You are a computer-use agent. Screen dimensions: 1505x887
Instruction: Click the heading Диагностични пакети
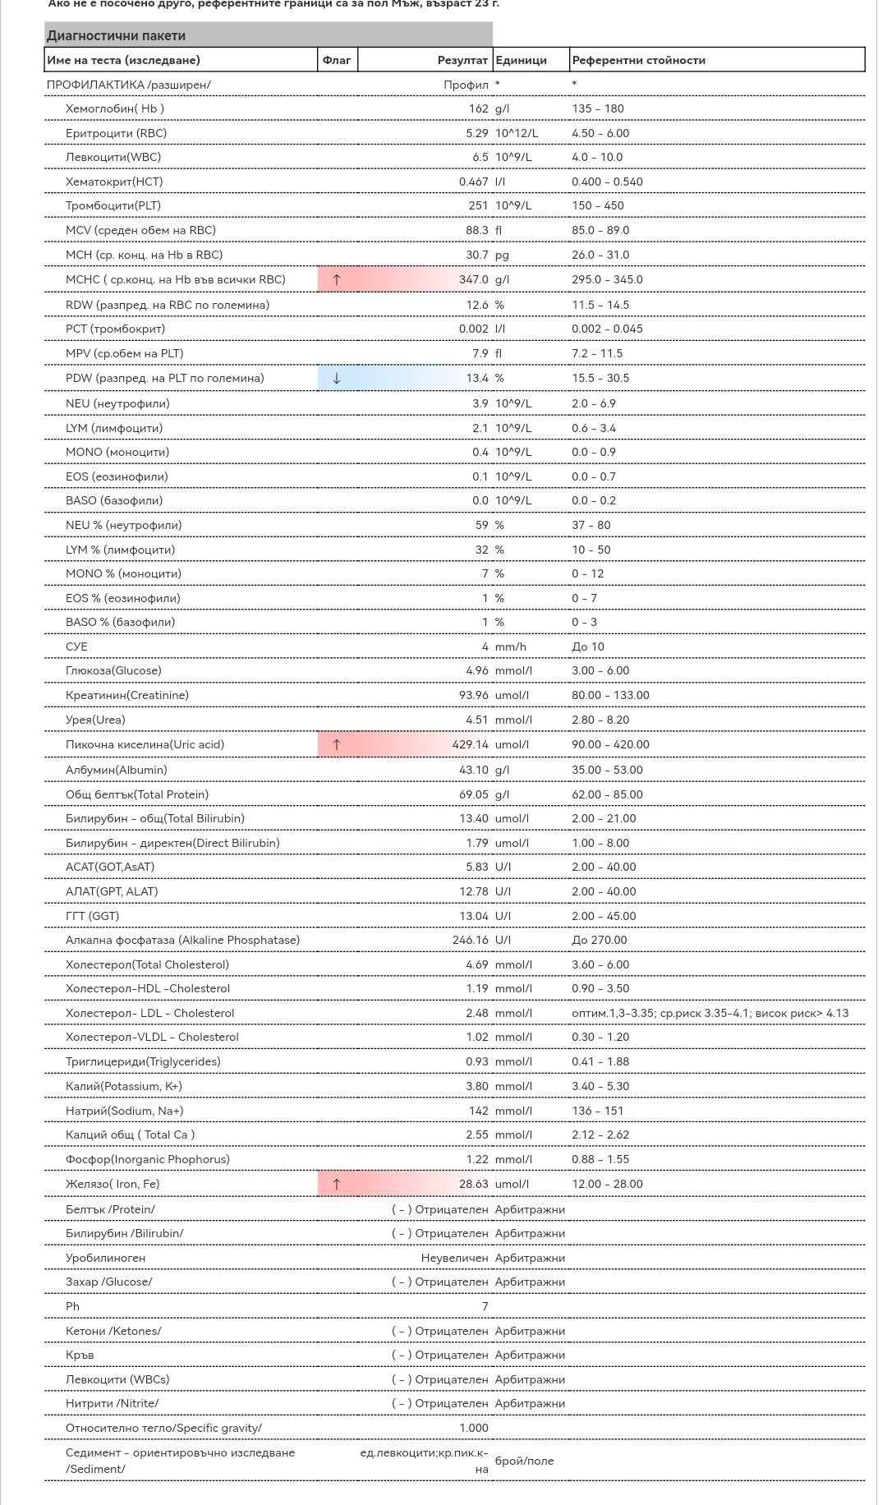click(x=116, y=35)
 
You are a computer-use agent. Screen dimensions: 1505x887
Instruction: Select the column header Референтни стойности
click(x=638, y=60)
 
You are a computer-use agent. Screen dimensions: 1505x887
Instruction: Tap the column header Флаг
click(x=337, y=60)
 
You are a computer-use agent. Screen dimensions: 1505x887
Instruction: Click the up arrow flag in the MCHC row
click(x=336, y=279)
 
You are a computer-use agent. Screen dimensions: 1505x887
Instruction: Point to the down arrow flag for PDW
click(x=336, y=378)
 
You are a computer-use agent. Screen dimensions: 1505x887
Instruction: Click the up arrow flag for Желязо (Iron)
click(x=336, y=1184)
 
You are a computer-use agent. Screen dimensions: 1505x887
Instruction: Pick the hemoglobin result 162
click(x=478, y=108)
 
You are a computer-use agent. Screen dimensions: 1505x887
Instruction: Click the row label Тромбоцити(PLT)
click(x=113, y=205)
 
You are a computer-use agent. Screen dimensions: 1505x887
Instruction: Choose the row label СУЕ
click(x=76, y=647)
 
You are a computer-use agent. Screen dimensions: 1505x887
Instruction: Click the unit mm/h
click(x=510, y=647)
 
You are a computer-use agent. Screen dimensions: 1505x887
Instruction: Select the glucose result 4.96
click(x=476, y=670)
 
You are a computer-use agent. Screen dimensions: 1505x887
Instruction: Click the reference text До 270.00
click(x=599, y=940)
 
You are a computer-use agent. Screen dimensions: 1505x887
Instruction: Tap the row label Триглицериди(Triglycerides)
click(x=143, y=1061)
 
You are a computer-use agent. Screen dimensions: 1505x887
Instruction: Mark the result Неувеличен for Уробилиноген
click(x=454, y=1258)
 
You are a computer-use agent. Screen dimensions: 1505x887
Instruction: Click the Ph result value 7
click(x=485, y=1306)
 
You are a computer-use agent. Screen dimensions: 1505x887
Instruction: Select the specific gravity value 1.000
click(x=474, y=1428)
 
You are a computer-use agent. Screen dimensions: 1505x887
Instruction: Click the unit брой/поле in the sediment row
click(x=524, y=1461)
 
